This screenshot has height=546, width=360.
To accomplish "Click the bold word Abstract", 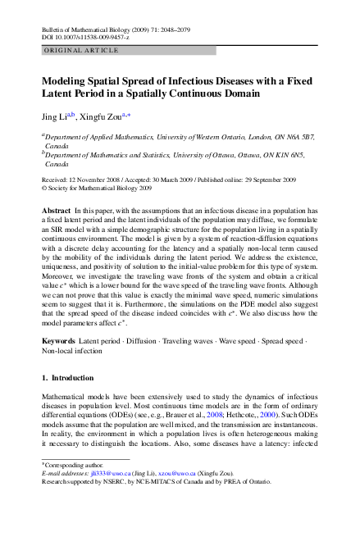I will [x=57, y=211].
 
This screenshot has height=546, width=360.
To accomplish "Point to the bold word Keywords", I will [x=59, y=339].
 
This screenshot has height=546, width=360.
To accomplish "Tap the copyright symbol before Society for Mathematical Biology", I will [x=44, y=188].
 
